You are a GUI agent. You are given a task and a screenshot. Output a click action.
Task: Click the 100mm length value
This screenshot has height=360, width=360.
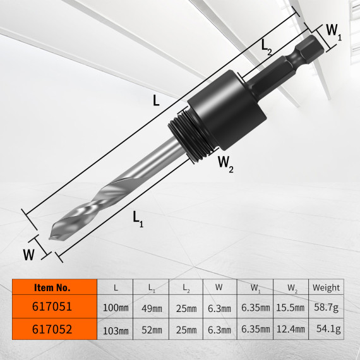click(116, 308)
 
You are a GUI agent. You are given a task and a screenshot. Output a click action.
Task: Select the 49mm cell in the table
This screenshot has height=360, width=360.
click(152, 308)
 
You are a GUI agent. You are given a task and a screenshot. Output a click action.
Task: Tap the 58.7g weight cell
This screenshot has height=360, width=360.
click(327, 308)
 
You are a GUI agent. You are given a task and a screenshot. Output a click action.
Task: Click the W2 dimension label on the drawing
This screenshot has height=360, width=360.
click(225, 164)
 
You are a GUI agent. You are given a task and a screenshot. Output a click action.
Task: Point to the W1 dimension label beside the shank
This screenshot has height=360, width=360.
click(334, 32)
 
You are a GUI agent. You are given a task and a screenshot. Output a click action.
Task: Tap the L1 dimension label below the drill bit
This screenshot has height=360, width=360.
click(138, 219)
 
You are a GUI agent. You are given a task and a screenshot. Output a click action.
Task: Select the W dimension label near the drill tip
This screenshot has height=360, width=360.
click(28, 255)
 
